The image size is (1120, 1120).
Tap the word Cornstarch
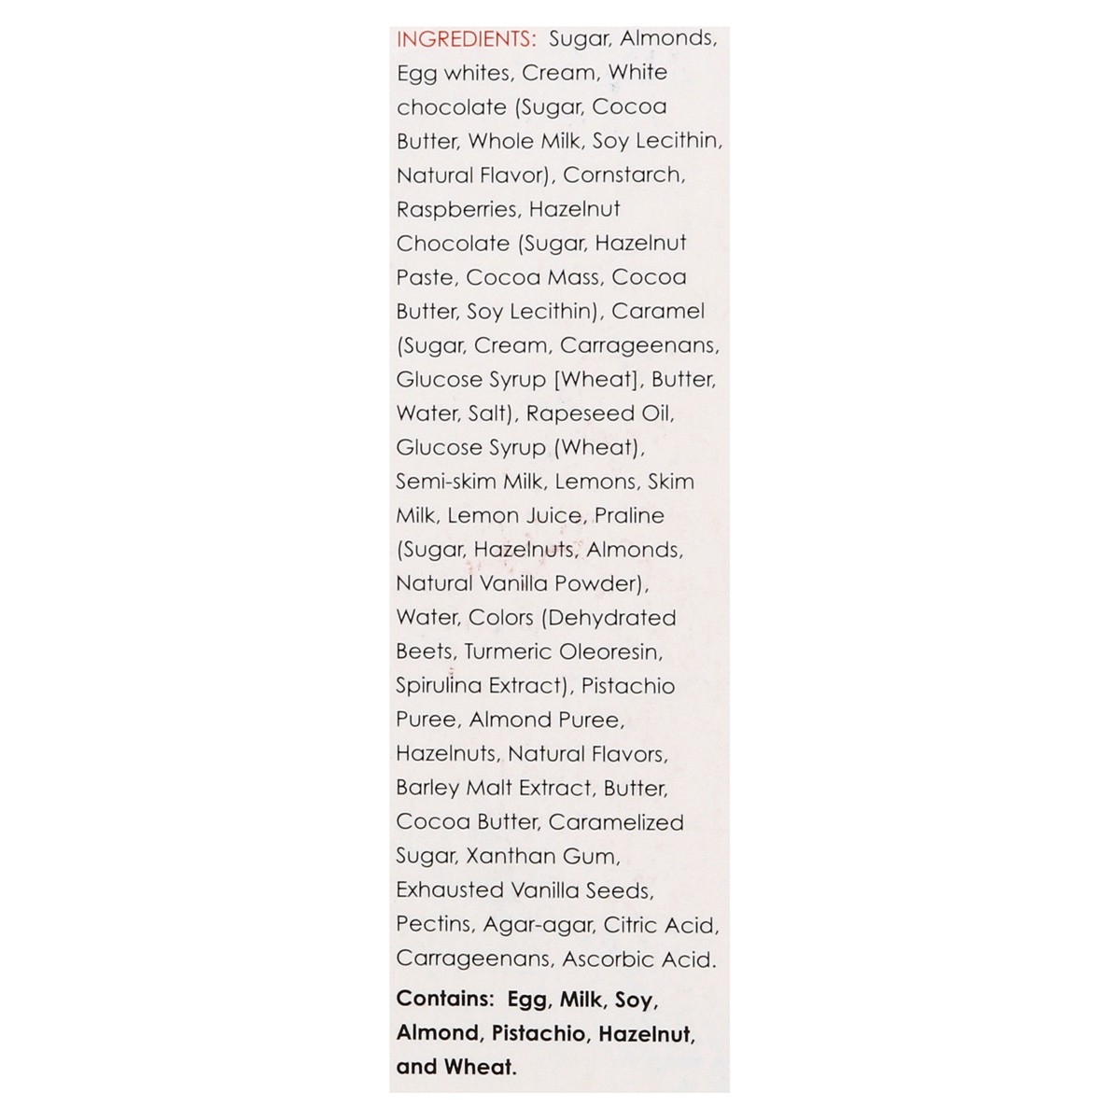(623, 175)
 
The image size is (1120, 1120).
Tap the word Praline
(629, 515)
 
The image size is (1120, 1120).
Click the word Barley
(426, 788)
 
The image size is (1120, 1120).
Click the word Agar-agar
(541, 925)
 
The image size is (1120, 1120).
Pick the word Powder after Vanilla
(601, 583)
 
